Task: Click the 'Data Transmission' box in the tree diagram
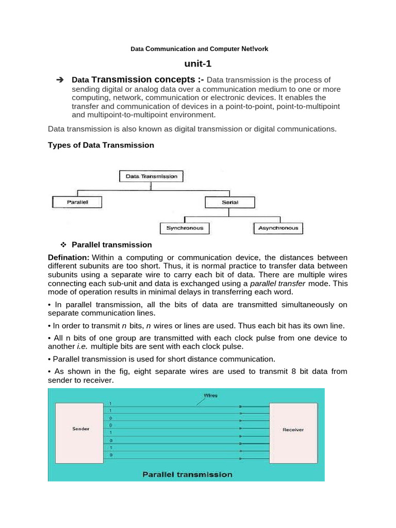pos(151,176)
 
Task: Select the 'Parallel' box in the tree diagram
pos(77,202)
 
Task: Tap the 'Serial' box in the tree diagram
pos(230,202)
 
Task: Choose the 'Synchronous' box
pos(185,227)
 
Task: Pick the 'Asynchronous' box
pos(278,227)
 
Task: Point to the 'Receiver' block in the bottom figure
pos(293,429)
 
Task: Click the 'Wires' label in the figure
pos(210,395)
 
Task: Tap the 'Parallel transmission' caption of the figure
pos(187,474)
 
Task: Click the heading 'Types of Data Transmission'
pos(101,145)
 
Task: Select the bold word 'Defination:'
pos(69,257)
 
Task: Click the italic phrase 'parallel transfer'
pos(277,284)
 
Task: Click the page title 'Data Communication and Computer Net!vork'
pos(199,49)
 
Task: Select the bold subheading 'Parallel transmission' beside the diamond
pos(112,244)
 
